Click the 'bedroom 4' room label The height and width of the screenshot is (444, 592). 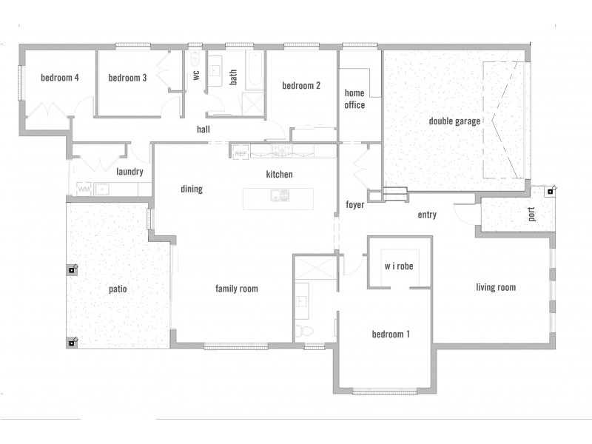[x=60, y=78]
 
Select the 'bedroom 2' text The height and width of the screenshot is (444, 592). [x=301, y=86]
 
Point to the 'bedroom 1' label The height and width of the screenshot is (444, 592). [x=391, y=334]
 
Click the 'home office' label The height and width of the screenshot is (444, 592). [x=354, y=99]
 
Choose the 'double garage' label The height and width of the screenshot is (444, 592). [x=454, y=121]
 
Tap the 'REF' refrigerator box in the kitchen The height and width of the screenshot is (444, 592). [x=240, y=153]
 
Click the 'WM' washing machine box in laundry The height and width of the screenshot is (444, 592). [x=83, y=189]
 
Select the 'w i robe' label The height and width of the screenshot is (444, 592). [x=398, y=266]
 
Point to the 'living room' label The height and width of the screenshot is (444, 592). [x=495, y=288]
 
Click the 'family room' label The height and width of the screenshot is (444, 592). [x=236, y=289]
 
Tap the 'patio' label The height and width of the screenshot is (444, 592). [x=118, y=289]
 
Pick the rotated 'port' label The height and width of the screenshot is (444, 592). [x=531, y=215]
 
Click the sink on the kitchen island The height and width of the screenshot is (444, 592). [x=280, y=196]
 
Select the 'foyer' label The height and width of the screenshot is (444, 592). [x=355, y=205]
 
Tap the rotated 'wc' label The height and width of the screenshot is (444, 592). [x=196, y=74]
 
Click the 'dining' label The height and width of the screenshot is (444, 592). [x=191, y=189]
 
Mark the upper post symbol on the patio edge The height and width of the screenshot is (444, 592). [x=72, y=269]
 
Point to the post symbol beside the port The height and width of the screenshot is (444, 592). [x=551, y=191]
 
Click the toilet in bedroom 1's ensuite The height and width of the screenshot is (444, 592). [x=303, y=330]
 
